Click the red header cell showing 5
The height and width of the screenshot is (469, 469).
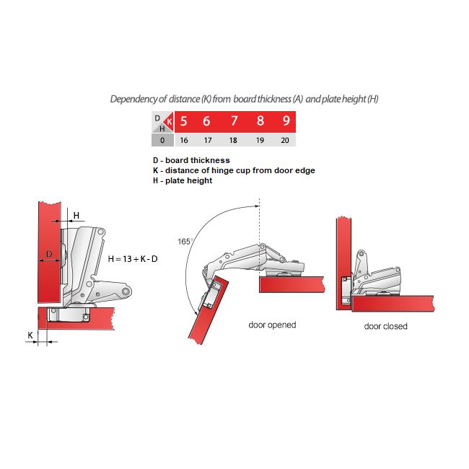[x=184, y=121]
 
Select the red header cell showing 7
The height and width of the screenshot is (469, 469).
[x=234, y=121]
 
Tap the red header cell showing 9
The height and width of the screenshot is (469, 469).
[x=286, y=121]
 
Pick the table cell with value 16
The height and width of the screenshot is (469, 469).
[x=184, y=140]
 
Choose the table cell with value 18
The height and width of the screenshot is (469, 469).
[x=233, y=140]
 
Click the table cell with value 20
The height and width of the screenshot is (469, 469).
[x=285, y=140]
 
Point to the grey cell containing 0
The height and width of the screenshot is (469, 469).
[x=162, y=140]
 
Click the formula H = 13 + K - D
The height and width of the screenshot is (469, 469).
[x=133, y=259]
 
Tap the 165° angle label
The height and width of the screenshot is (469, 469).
[x=185, y=242]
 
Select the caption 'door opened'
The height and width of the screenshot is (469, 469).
[x=272, y=325]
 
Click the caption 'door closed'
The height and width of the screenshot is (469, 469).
[x=385, y=326]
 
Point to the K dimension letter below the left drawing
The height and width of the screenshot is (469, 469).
[x=30, y=335]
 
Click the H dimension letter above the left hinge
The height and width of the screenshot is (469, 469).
[x=76, y=215]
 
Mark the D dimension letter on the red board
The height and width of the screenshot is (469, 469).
[x=49, y=254]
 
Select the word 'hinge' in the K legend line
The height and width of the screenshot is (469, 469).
[x=222, y=170]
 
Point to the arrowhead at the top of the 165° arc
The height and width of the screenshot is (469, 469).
[x=256, y=206]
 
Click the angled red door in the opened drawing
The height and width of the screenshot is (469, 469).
[x=209, y=311]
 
